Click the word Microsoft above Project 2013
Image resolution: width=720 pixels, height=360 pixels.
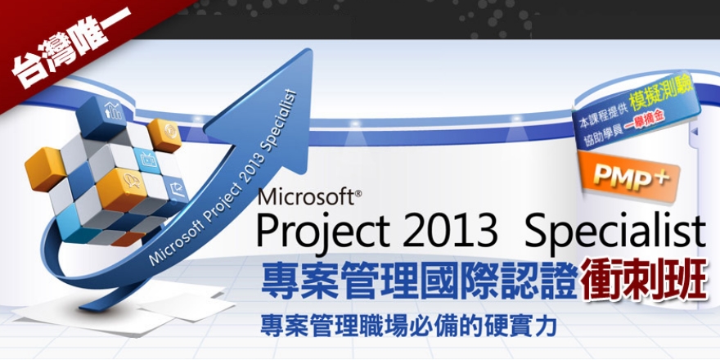(x=304, y=197)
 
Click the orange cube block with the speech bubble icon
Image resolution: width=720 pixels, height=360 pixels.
(x=129, y=179)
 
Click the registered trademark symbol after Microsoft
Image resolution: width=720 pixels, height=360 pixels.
(x=358, y=192)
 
